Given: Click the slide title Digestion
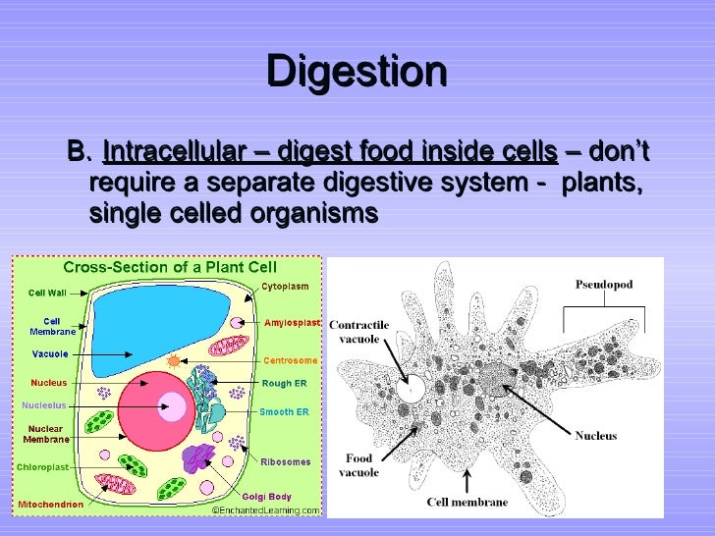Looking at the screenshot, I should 357,73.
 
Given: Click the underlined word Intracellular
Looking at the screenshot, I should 173,153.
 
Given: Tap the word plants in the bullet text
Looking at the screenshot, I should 602,184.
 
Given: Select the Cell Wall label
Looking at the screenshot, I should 46,293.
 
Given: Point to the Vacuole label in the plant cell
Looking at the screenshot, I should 49,353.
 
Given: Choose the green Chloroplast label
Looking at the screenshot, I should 43,467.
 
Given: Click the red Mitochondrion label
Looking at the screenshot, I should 49,505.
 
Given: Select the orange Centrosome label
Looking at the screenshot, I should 290,360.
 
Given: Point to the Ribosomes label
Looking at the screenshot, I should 286,461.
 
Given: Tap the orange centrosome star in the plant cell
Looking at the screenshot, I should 174,360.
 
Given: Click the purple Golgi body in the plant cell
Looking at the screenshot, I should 199,458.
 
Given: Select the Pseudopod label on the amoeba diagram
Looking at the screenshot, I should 603,285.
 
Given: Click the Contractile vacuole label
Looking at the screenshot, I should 359,331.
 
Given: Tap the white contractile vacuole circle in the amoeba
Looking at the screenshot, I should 411,389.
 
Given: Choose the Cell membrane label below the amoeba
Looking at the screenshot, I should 467,502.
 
